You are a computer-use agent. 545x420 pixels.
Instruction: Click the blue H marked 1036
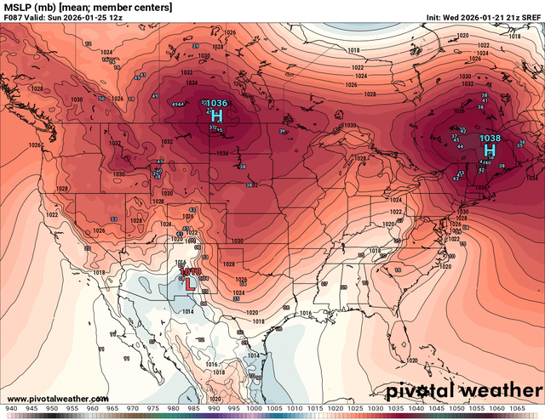(x=216, y=116)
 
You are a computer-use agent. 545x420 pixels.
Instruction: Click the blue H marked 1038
(x=490, y=150)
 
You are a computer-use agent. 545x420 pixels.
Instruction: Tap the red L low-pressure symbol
(x=190, y=285)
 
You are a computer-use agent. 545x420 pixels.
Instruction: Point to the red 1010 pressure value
(x=190, y=271)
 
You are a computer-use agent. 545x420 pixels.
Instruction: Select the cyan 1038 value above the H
(x=490, y=138)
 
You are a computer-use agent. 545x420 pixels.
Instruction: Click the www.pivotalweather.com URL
(x=57, y=398)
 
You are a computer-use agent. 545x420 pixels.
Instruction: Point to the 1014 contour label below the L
(x=187, y=311)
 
